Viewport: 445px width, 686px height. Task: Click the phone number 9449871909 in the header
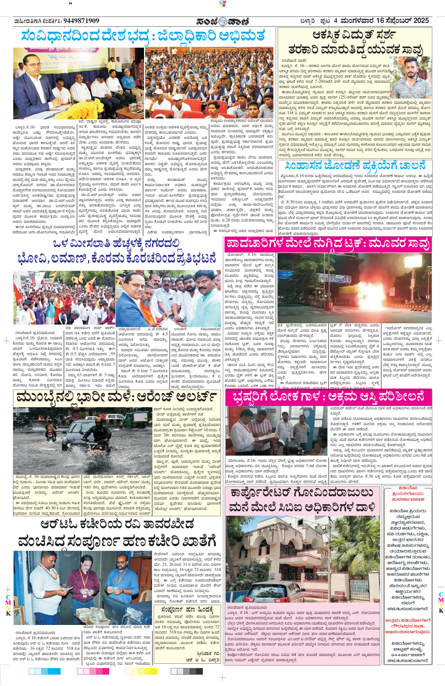[x=81, y=21]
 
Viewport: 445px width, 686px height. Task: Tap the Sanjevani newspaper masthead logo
[x=223, y=21]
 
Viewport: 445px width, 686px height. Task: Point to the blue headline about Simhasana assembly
[x=354, y=166]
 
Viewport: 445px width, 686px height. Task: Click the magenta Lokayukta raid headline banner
[x=328, y=397]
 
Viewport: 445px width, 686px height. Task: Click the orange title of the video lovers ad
[x=408, y=494]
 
